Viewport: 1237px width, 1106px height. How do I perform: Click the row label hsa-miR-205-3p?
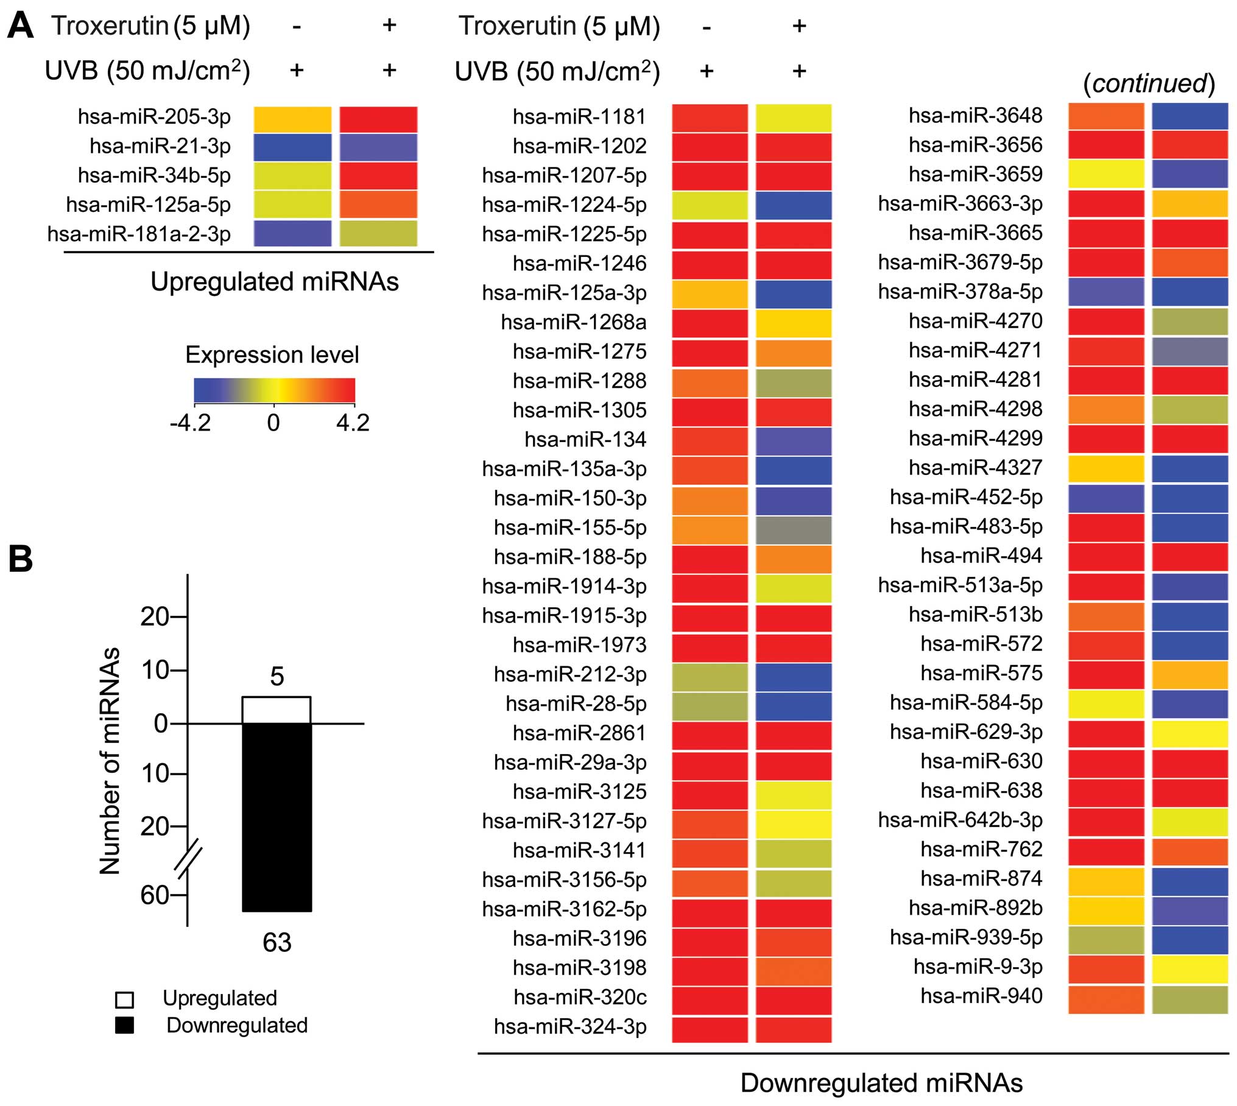tap(154, 116)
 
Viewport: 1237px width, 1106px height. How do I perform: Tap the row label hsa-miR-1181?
tap(579, 116)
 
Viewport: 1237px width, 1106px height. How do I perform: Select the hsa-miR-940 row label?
tap(981, 995)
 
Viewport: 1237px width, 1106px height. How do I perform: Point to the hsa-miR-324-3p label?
tap(570, 1026)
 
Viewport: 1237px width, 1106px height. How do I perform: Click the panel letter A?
tap(20, 27)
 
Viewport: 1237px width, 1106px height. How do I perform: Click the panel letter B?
tap(20, 558)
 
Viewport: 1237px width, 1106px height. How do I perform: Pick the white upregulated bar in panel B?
tap(277, 710)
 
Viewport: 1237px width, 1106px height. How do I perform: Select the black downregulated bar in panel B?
tap(277, 816)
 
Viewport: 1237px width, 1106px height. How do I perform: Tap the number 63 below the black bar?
tap(277, 942)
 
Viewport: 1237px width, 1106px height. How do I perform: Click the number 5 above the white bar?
tap(277, 676)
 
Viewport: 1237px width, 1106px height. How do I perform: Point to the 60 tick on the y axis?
tap(154, 895)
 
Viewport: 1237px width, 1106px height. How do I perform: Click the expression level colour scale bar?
tap(274, 390)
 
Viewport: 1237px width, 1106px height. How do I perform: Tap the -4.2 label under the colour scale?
tap(190, 423)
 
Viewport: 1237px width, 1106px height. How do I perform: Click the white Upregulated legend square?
tap(125, 999)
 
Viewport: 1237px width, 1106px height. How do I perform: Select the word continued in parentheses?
tap(1149, 83)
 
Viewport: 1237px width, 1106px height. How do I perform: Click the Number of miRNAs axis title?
tap(110, 761)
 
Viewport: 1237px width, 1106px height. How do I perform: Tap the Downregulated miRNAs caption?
tap(881, 1082)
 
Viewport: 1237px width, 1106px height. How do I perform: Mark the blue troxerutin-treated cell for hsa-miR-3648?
tap(1189, 116)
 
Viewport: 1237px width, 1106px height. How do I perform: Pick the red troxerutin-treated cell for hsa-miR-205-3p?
tap(378, 119)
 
